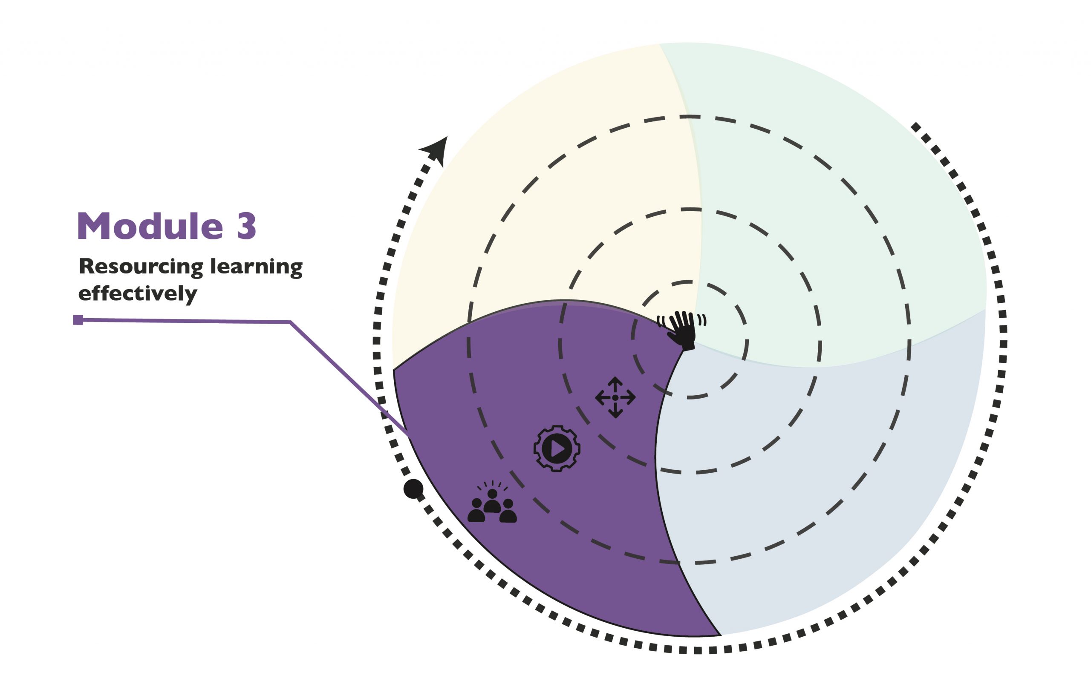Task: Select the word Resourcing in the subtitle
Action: point(141,267)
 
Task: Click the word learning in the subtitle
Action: point(256,267)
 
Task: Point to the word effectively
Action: point(138,293)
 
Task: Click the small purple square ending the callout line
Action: point(78,320)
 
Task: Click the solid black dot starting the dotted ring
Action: point(413,489)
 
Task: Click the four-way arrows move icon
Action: point(615,398)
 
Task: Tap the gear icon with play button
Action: point(557,448)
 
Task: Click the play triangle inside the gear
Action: point(558,448)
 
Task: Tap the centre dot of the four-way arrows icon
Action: point(615,398)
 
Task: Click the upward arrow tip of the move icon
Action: point(615,379)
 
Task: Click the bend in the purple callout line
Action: point(290,322)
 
